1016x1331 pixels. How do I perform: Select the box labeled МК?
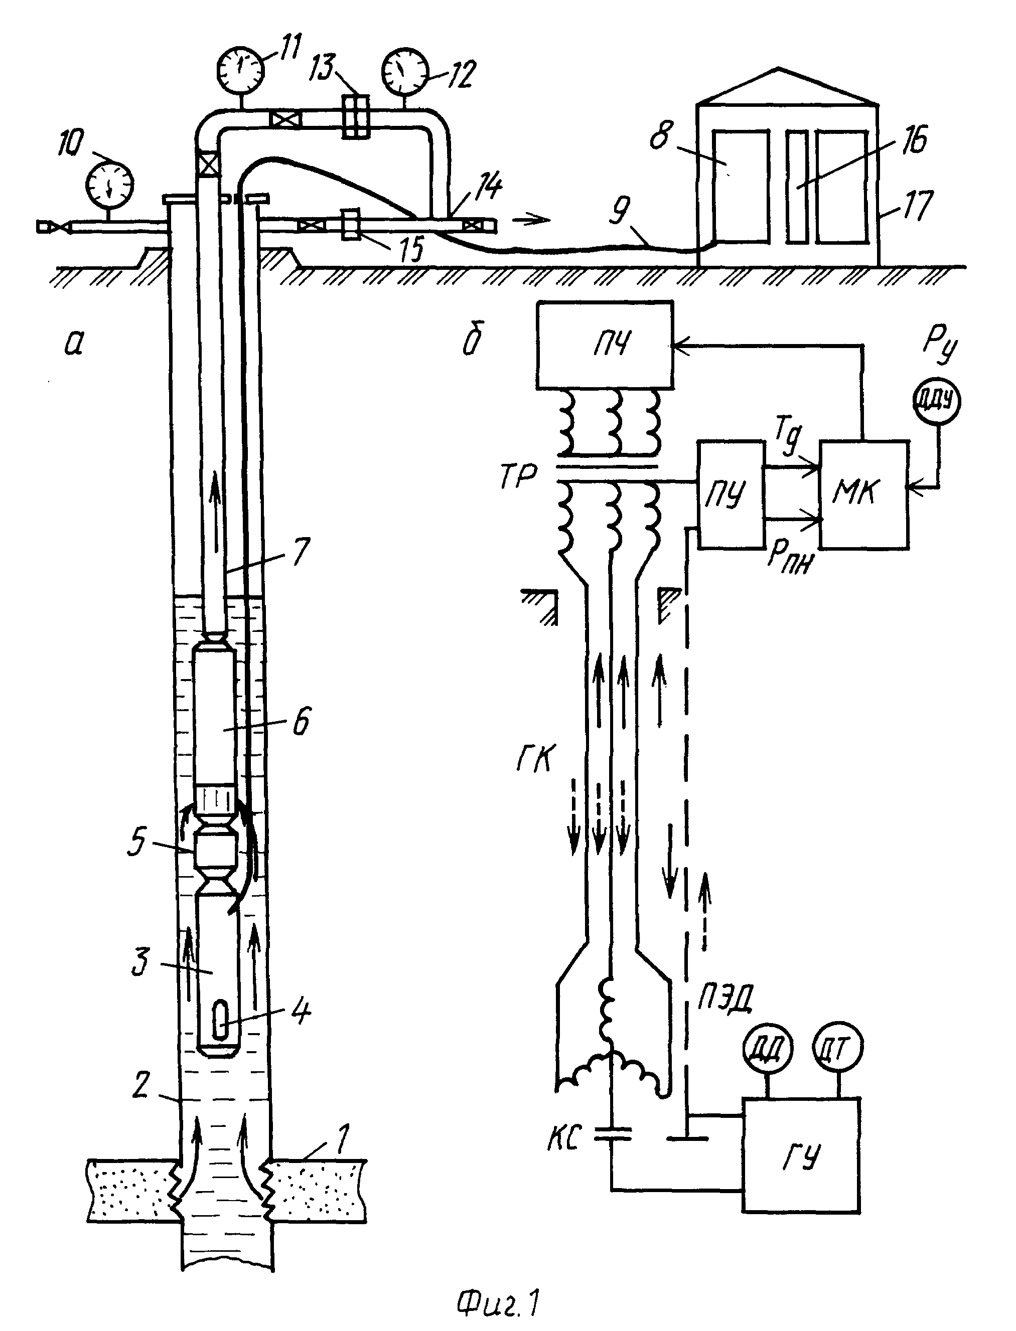pyautogui.click(x=863, y=494)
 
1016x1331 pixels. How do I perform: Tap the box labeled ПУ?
pyautogui.click(x=731, y=494)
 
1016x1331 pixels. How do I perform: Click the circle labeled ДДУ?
pyautogui.click(x=936, y=401)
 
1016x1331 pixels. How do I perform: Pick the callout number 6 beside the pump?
pyautogui.click(x=301, y=722)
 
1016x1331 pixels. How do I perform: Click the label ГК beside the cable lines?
pyautogui.click(x=535, y=759)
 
